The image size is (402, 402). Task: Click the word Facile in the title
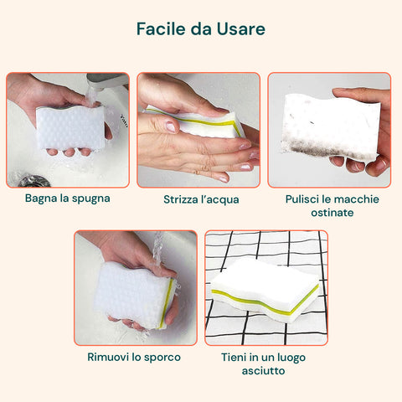pos(161,28)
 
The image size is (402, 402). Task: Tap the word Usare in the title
pos(241,28)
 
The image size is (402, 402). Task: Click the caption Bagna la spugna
pos(68,198)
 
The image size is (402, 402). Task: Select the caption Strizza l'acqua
pos(201,199)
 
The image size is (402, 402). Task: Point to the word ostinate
pos(332,213)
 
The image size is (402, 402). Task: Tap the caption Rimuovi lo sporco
pos(134,358)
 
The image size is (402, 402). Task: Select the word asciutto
pos(263,371)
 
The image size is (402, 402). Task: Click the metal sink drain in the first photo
pos(34,181)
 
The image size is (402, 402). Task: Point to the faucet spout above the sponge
pos(107,80)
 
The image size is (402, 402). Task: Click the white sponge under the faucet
pos(71,127)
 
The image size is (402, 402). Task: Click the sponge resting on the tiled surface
pos(265,291)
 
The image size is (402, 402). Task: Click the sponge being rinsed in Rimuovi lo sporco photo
pos(135,296)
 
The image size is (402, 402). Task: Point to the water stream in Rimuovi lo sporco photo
pos(158,249)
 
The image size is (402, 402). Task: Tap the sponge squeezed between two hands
pos(195,122)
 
